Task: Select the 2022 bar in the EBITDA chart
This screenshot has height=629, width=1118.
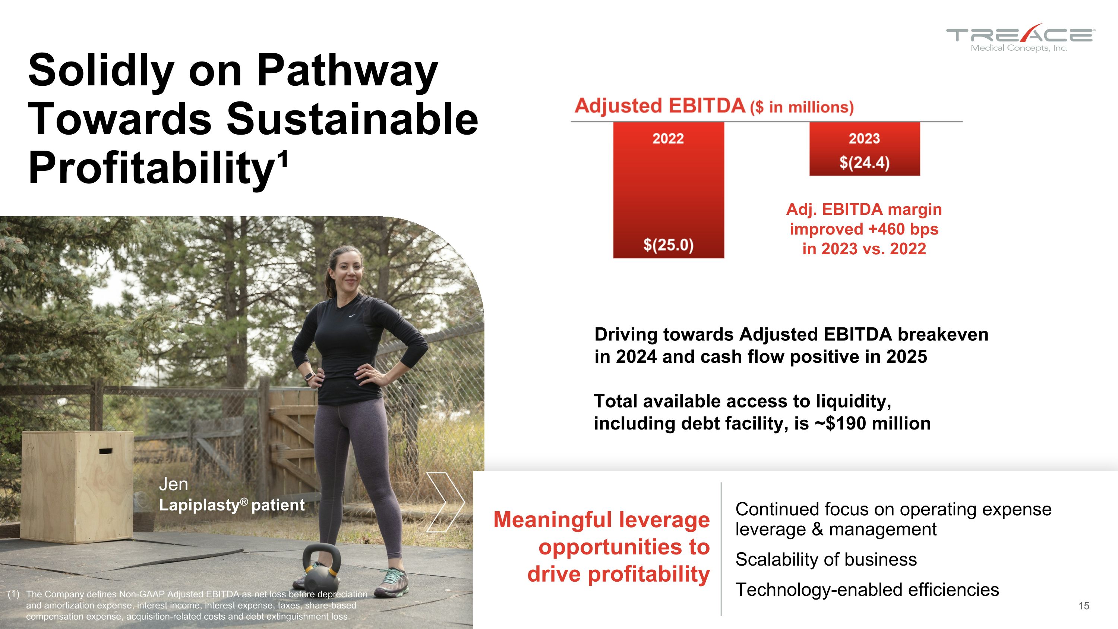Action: click(668, 191)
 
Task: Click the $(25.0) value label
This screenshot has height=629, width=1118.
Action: click(668, 245)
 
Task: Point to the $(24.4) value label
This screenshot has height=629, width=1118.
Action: click(864, 163)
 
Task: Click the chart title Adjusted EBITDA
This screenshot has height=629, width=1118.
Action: click(660, 106)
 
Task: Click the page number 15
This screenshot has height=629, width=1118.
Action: click(1084, 606)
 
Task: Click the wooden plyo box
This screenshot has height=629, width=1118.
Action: click(77, 486)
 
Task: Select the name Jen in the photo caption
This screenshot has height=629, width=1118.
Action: click(173, 484)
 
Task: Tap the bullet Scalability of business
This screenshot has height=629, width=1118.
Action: click(826, 560)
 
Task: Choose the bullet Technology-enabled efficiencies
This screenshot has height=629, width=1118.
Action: click(867, 590)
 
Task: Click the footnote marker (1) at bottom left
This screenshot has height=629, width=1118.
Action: click(14, 594)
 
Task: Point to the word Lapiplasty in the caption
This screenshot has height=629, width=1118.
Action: click(199, 505)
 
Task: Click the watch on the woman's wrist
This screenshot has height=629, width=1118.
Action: click(309, 376)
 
